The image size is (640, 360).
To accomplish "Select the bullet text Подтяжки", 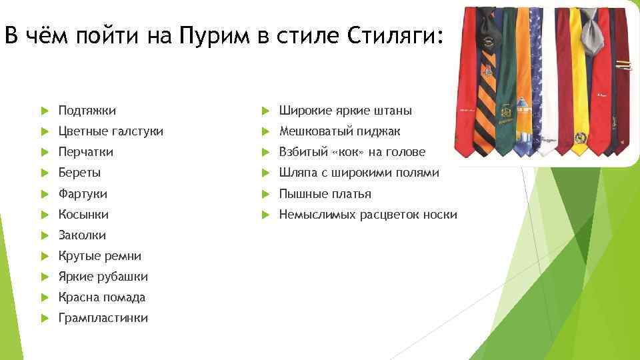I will pos(87,111).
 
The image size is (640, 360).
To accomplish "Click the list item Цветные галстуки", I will pos(110,131).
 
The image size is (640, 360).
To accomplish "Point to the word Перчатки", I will pos(85,152).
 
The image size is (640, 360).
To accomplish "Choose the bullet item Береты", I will pos(79,173).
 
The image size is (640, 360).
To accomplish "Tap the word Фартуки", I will pos(83,194).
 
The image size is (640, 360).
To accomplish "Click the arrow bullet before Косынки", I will pos(44,215).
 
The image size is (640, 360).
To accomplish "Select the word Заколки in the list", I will pos(82,235).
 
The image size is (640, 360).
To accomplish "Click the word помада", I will pos(123,297).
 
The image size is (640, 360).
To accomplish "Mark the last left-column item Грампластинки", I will pos(103,318).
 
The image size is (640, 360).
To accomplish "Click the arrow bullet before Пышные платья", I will pos(265,194).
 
